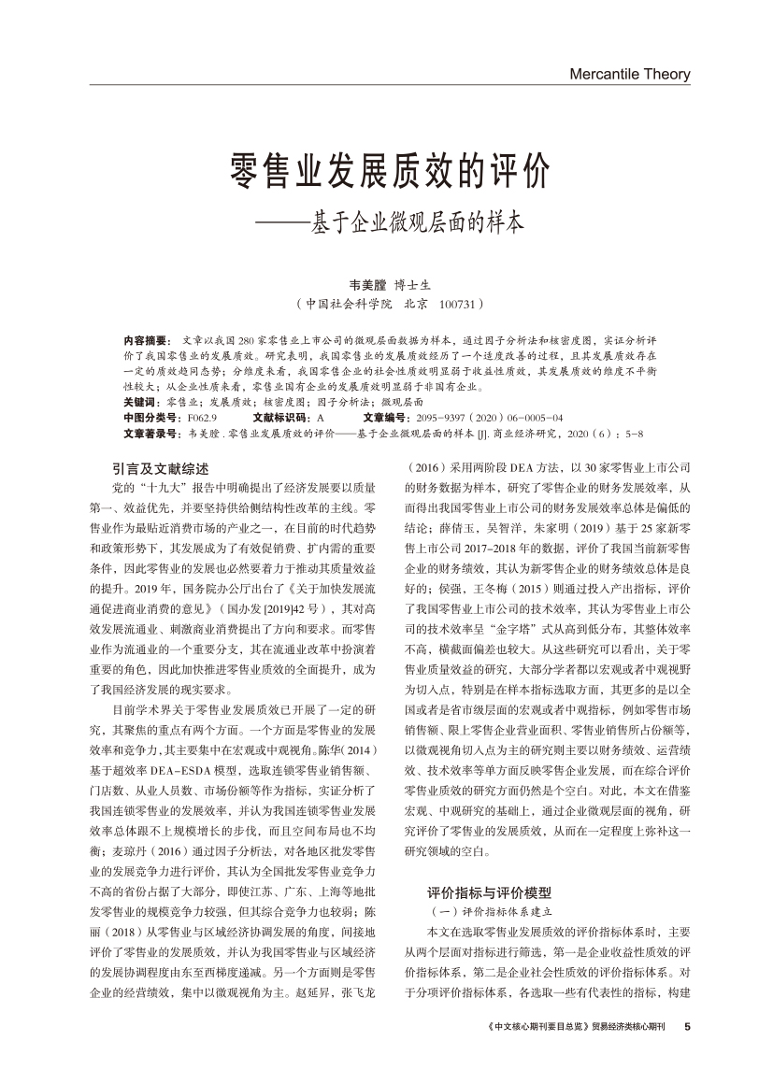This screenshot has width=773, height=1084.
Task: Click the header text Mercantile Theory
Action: point(629,74)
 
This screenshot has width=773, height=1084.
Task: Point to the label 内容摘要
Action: point(144,339)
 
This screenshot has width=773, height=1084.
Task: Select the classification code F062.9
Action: point(203,418)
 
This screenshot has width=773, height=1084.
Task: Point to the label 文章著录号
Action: point(150,434)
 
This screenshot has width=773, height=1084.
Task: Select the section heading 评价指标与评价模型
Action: point(490,891)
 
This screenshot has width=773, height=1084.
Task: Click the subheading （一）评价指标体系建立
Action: point(490,910)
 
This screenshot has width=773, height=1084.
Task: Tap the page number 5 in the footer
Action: point(688,1026)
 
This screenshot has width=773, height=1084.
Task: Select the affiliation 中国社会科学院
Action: point(349,304)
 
